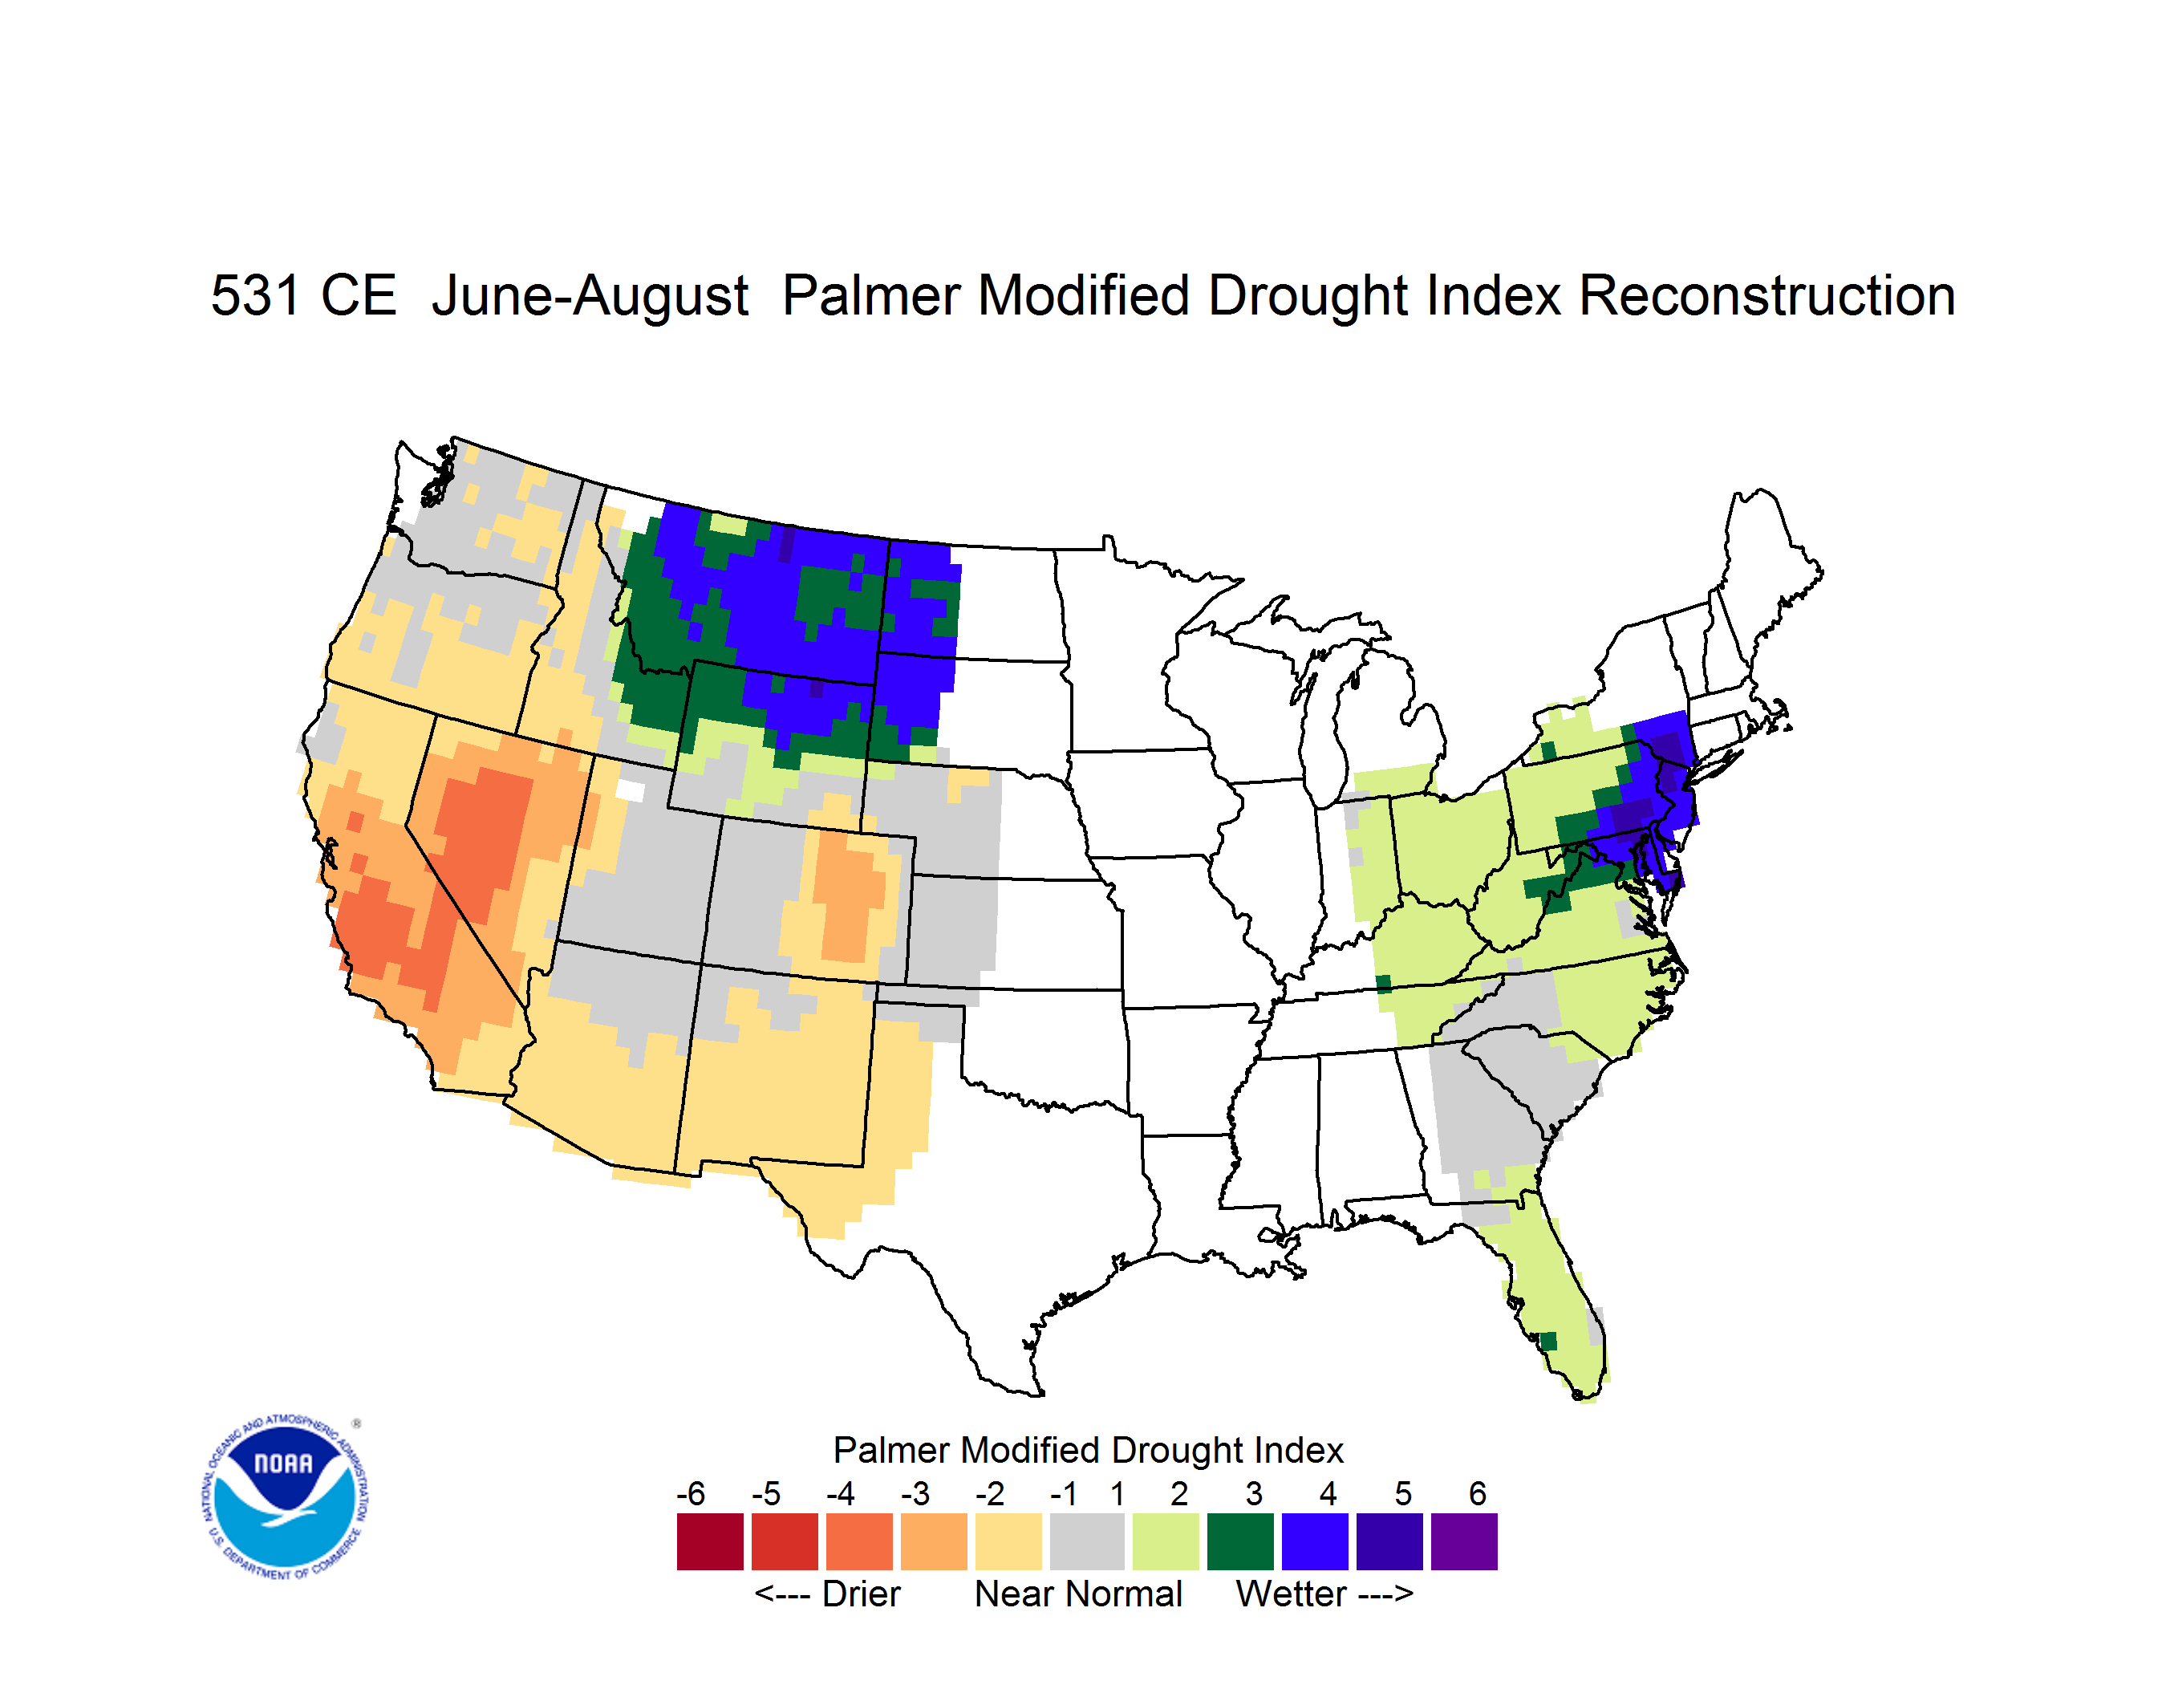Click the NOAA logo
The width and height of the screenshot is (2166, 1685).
(285, 1496)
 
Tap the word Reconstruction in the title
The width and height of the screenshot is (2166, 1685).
(1766, 295)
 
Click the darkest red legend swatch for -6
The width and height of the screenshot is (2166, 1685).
(710, 1541)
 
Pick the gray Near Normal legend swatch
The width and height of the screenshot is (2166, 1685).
(1087, 1541)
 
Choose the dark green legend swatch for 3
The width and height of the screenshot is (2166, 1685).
(1239, 1541)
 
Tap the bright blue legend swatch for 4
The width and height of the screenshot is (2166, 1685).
(1315, 1541)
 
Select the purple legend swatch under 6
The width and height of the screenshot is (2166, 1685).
(1464, 1541)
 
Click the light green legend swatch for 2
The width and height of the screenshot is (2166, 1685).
(1166, 1541)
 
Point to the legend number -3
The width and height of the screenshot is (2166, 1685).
(915, 1493)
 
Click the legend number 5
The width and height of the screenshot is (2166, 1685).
(1403, 1493)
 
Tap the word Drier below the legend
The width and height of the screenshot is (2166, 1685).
(861, 1594)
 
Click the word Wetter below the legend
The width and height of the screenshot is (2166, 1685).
(1292, 1594)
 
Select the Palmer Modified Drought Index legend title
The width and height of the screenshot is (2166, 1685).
(1088, 1450)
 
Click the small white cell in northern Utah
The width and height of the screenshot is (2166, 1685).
(630, 790)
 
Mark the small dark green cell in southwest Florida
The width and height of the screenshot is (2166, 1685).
(1547, 1342)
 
